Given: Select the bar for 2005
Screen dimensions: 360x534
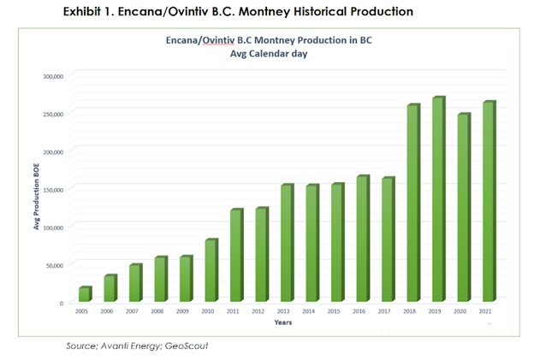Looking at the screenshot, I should click(x=85, y=295).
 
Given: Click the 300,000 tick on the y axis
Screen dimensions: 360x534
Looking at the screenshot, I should click(x=52, y=76).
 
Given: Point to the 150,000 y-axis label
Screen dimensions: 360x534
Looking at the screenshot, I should click(x=52, y=189).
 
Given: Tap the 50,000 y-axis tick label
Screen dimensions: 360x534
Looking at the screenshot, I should click(x=55, y=265).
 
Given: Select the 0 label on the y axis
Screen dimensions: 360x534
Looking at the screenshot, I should click(x=62, y=303).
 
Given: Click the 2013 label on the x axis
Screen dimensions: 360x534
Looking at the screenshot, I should click(x=287, y=311).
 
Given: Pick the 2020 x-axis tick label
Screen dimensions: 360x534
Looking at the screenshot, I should click(x=463, y=311).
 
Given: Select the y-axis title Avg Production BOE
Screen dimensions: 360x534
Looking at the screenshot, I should click(x=37, y=190).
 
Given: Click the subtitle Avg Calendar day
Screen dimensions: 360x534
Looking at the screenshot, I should click(x=269, y=54).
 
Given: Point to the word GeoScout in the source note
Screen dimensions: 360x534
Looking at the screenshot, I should click(x=184, y=346).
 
